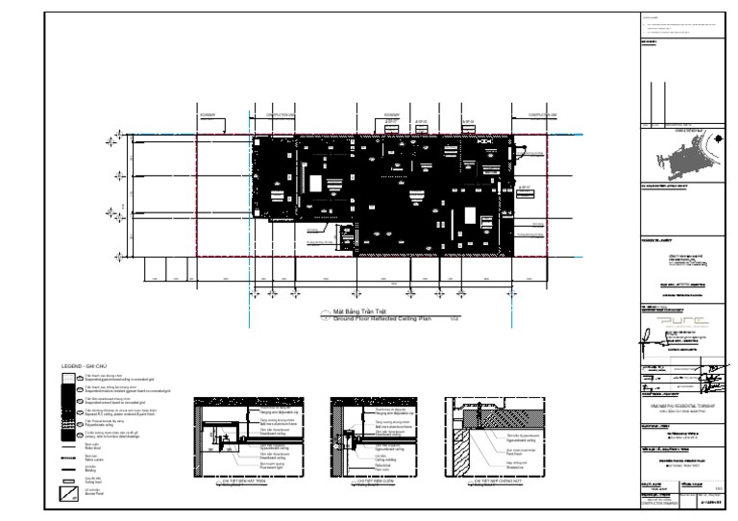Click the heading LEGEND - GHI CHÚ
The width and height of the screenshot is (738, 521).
[x=84, y=367]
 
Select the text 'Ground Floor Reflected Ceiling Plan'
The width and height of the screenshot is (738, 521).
[x=381, y=318]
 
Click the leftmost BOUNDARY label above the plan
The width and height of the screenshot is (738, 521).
[x=207, y=115]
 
